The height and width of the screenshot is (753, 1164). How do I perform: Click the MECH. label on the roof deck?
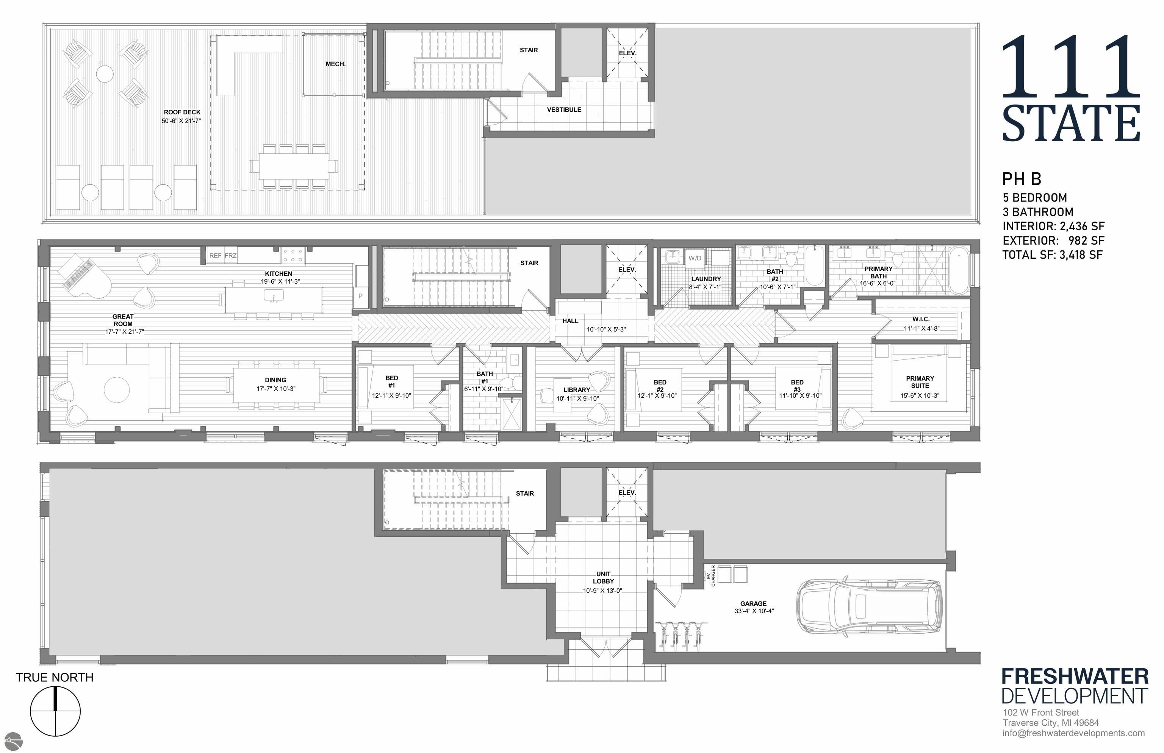[x=335, y=64]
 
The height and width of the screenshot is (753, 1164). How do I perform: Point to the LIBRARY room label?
[x=577, y=390]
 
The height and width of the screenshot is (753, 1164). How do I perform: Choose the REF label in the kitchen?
[x=215, y=256]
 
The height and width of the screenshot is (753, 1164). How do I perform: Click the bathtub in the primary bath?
[x=959, y=270]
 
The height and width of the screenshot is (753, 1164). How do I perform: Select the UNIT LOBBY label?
[x=603, y=578]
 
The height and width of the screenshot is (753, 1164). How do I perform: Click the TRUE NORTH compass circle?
[x=55, y=711]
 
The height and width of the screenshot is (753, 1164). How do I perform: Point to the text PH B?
[x=1022, y=179]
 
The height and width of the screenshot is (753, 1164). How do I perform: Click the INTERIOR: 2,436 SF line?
[x=1053, y=227]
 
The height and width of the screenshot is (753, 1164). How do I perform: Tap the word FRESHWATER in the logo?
[x=1075, y=677]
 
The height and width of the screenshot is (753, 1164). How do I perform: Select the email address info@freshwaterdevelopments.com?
[x=1073, y=733]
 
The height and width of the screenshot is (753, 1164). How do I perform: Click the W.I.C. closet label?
[x=920, y=319]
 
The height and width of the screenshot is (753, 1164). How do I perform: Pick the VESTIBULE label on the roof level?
[x=564, y=109]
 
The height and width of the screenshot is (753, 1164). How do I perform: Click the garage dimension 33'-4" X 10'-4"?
[x=754, y=611]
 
